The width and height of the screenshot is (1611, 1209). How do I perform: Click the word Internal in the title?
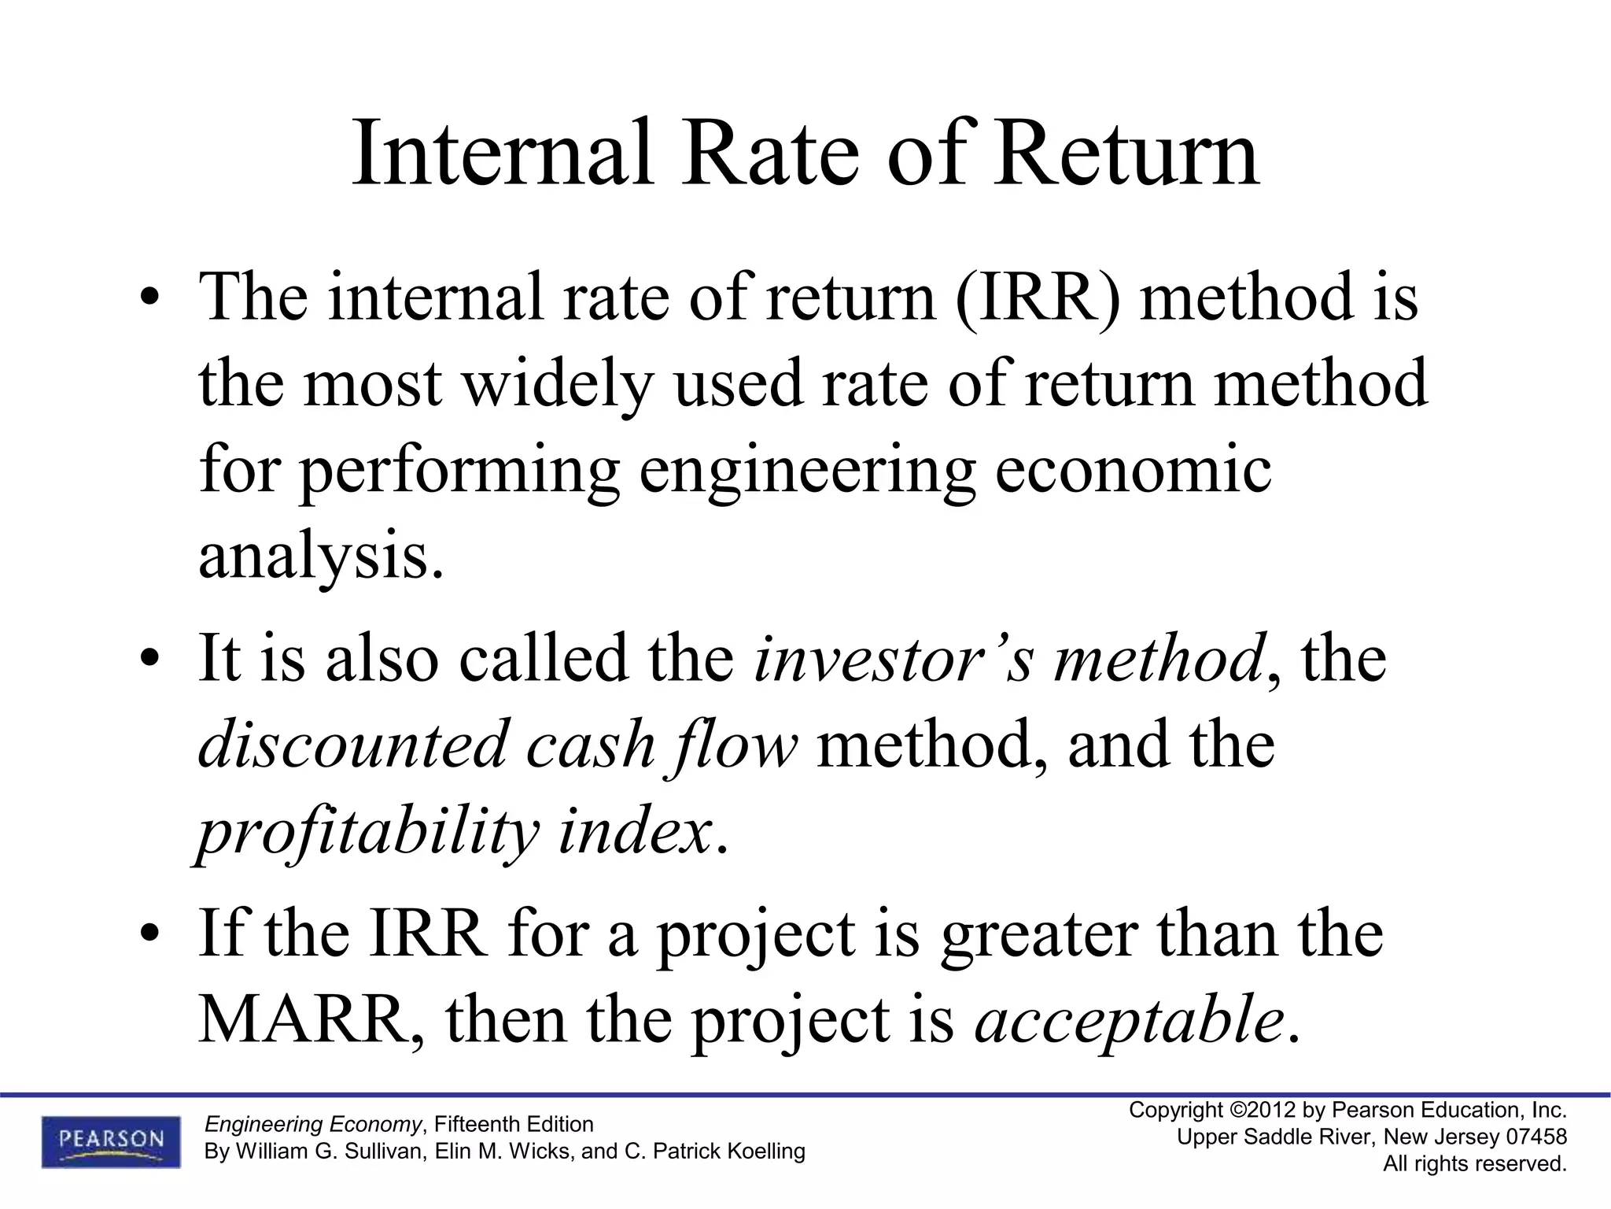[x=502, y=153]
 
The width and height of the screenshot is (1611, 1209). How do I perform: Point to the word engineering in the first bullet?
[x=806, y=471]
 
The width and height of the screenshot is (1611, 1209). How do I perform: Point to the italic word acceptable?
[x=1128, y=1020]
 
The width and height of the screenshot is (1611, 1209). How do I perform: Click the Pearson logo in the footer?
[x=111, y=1141]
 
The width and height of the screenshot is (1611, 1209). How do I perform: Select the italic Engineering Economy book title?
[x=313, y=1124]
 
